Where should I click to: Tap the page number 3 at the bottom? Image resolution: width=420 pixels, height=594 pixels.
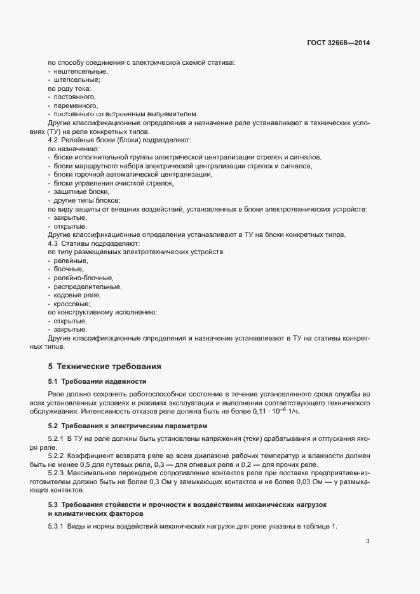point(367,541)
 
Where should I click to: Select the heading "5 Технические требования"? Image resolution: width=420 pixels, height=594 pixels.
point(100,367)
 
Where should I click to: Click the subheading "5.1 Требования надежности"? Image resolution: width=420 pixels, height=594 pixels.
point(97,381)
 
